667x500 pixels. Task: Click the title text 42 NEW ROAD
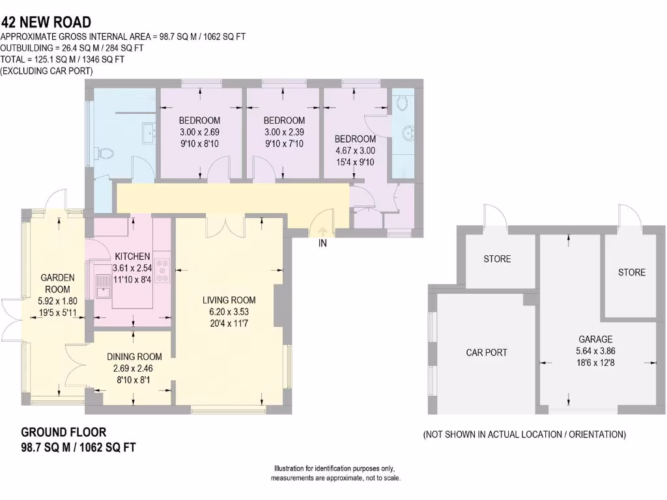46,23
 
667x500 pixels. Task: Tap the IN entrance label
322,244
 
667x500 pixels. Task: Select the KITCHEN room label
132,257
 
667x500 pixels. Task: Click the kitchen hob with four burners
164,271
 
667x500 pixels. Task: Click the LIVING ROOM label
229,300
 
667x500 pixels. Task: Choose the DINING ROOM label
134,356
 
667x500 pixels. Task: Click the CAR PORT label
487,352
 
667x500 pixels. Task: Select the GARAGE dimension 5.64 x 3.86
595,352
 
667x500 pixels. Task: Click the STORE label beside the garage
632,272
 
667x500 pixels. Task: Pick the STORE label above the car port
497,259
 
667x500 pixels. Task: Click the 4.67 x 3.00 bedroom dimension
355,150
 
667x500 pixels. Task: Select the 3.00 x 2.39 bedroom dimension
284,132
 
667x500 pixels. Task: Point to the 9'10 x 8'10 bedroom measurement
199,143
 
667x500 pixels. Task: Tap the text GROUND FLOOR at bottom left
64,432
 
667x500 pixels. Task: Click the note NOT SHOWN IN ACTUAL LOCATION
524,434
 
